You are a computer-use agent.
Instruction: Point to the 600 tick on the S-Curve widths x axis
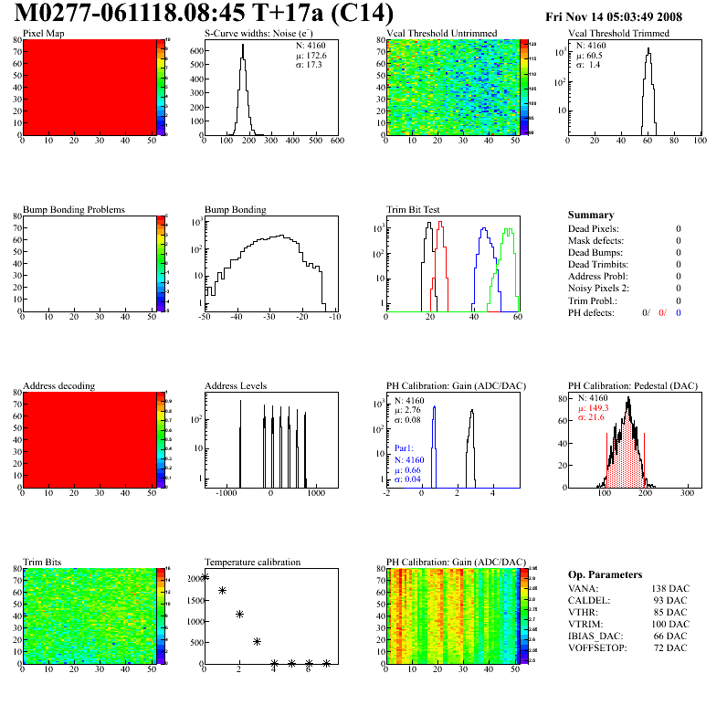(337, 141)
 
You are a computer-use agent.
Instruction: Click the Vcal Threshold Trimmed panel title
(618, 33)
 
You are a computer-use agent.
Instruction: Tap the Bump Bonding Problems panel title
(74, 209)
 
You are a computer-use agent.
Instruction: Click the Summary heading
(590, 215)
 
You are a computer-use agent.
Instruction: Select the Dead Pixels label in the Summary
(593, 229)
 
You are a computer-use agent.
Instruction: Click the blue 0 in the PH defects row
(679, 312)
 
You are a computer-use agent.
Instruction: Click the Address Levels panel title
(236, 385)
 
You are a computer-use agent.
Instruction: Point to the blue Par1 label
(404, 448)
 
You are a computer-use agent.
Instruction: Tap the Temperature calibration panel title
(252, 562)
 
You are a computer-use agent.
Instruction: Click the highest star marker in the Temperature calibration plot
(205, 576)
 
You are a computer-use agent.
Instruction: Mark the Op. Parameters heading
(605, 574)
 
